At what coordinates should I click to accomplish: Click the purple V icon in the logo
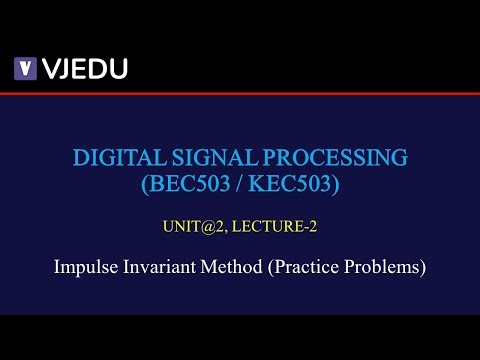(x=25, y=68)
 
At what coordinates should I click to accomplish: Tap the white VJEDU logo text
(x=84, y=68)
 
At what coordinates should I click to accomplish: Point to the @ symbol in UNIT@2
(x=205, y=227)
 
